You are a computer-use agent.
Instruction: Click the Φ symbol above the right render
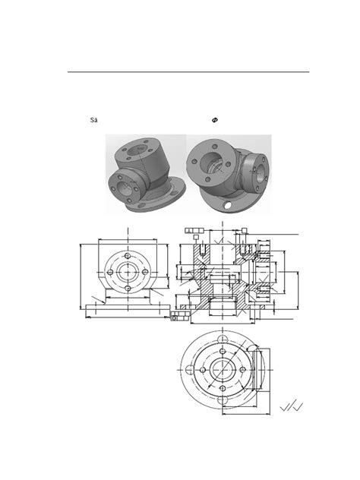coord(216,120)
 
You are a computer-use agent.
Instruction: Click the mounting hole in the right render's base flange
coord(226,206)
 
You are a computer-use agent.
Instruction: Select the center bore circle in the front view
coord(127,273)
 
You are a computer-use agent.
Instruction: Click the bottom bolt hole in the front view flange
coord(127,289)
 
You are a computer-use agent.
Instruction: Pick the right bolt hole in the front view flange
coord(142,273)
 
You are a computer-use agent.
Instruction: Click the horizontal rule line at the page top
coord(188,72)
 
